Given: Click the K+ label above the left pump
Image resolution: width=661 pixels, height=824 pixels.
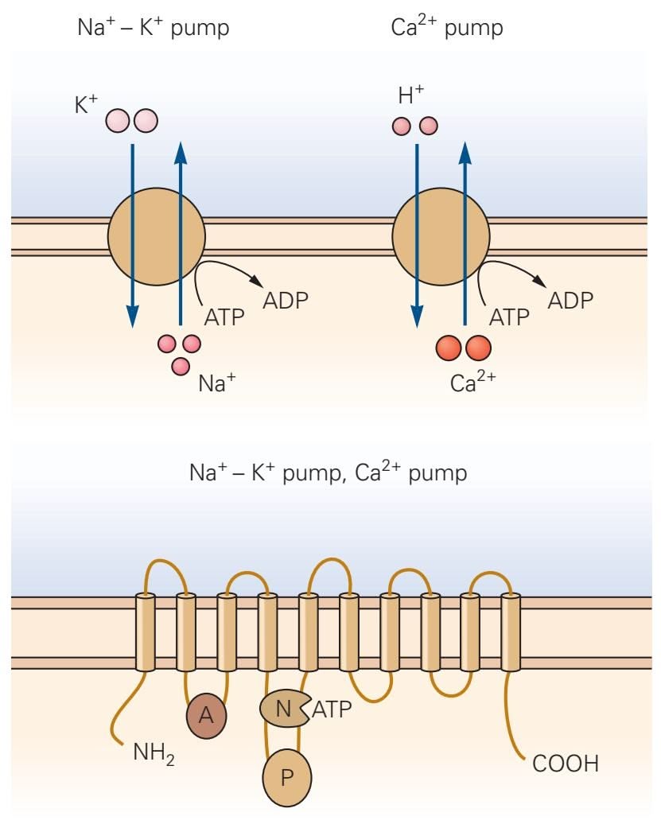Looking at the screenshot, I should click(86, 106).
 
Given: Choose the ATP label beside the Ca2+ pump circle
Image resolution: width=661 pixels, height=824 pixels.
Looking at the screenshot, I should click(509, 317).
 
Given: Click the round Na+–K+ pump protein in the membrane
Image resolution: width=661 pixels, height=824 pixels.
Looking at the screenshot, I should click(156, 235).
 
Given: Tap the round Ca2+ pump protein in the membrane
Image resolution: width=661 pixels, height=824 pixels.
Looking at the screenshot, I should click(440, 235).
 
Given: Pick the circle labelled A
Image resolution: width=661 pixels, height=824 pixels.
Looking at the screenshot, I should click(206, 713).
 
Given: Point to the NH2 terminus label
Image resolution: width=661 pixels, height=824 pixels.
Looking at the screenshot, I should click(154, 751).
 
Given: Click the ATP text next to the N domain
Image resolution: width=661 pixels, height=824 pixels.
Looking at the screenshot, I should click(331, 709).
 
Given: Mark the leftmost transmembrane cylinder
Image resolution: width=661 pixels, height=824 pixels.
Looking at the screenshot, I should click(146, 632).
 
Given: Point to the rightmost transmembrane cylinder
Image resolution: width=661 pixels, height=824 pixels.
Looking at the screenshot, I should click(511, 632).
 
